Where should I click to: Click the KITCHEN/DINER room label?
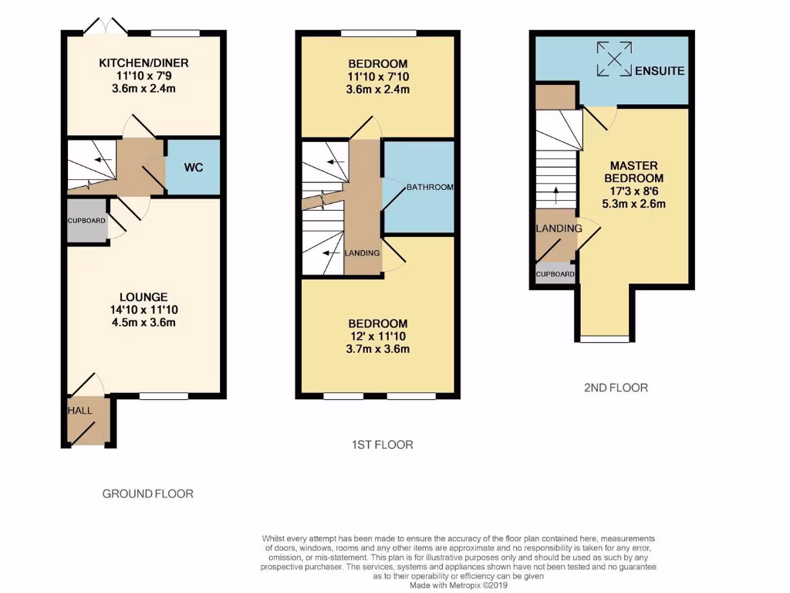coord(143,63)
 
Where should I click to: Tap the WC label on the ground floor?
coord(194,167)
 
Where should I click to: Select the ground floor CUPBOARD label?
coord(86,221)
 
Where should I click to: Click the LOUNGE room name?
coord(143,296)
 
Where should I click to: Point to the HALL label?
coord(79,411)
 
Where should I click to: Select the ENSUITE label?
coord(659,71)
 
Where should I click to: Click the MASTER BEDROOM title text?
coord(633,172)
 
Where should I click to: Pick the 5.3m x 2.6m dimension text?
coord(633,205)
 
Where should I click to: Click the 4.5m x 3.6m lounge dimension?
coord(143,323)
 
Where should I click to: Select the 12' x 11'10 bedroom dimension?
coord(377,337)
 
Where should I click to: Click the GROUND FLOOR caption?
coord(148,493)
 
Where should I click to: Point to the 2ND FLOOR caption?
coord(615,388)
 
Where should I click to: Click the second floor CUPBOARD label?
coord(555,274)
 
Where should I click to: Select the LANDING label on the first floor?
coord(362,253)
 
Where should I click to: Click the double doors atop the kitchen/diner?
coord(106,27)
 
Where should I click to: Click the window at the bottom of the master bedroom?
coord(604,338)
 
